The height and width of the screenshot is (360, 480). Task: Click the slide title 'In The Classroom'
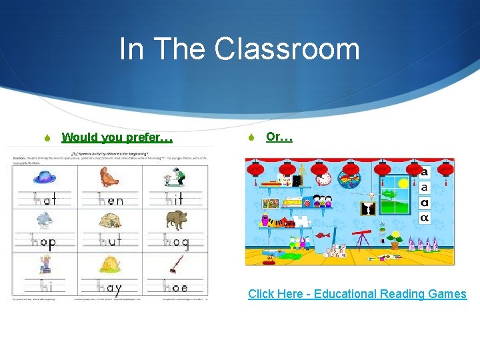(239, 49)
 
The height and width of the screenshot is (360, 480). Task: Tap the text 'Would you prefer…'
(117, 137)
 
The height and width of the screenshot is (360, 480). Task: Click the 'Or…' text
(279, 137)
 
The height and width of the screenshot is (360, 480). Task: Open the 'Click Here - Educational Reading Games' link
(357, 294)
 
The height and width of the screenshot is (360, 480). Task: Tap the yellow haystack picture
(111, 265)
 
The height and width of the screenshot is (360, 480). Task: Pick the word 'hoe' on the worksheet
(176, 288)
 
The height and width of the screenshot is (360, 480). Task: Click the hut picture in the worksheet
(110, 221)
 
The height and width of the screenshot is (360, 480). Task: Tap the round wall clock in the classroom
(323, 179)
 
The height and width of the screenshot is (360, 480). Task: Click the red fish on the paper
(322, 235)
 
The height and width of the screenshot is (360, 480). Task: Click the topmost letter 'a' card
(425, 172)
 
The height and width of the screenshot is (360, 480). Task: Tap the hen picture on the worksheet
(109, 177)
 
